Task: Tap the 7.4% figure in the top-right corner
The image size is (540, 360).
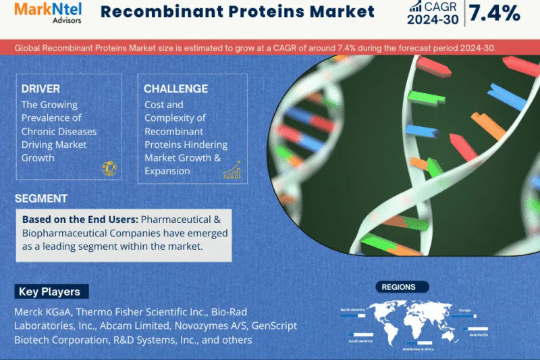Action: (x=495, y=12)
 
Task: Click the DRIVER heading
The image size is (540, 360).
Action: (x=40, y=89)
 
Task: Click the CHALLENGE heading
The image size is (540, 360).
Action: (x=175, y=89)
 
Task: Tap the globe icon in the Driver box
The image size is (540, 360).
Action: (x=108, y=169)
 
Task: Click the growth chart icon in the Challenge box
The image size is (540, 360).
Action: (x=232, y=170)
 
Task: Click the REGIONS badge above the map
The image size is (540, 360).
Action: (x=398, y=287)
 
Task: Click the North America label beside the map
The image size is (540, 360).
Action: (x=352, y=309)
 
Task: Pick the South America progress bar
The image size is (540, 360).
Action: (x=358, y=334)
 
